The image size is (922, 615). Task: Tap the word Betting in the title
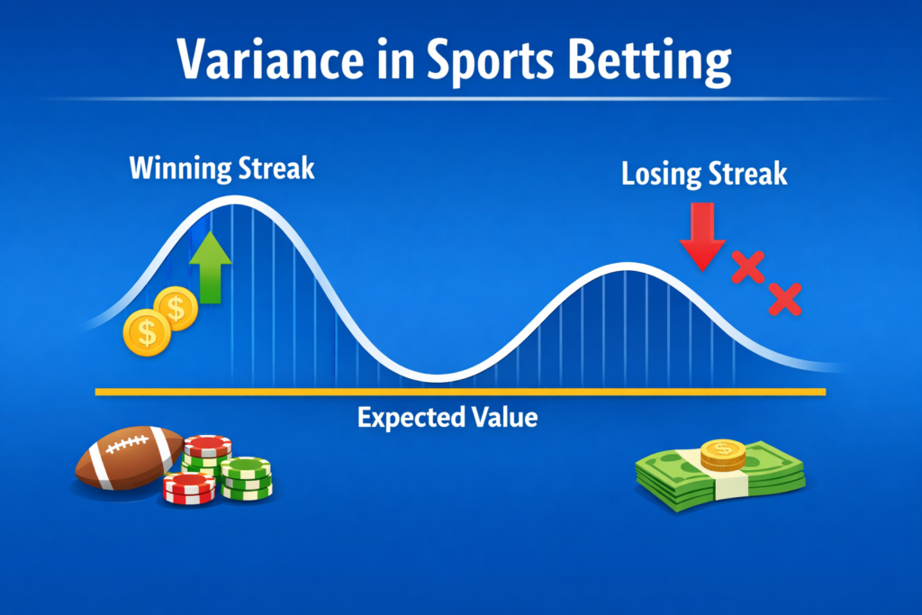tap(650, 62)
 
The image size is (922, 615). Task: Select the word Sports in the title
tap(490, 62)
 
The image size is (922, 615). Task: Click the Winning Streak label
tap(221, 168)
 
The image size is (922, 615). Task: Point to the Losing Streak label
tap(704, 174)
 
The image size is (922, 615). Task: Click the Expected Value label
tap(447, 418)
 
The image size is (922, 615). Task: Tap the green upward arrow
tap(211, 267)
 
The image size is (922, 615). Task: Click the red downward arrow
tap(702, 236)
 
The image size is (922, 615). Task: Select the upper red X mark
tap(747, 267)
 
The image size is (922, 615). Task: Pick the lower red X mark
tap(784, 299)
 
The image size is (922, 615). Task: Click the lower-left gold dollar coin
tap(147, 333)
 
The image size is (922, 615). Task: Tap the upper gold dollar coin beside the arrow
tap(176, 308)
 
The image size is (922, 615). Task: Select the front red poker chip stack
tap(189, 489)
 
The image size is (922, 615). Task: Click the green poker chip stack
tap(247, 478)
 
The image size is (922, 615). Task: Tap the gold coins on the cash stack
tap(723, 455)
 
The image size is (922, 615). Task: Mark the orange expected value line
tap(460, 392)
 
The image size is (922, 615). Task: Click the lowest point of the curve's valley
tap(438, 378)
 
